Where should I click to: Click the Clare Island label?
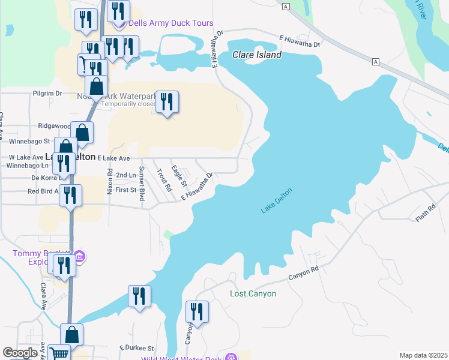click(257, 55)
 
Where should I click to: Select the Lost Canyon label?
click(253, 293)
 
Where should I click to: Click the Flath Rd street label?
click(425, 213)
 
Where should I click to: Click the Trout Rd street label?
click(163, 179)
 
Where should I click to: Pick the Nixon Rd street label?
click(110, 181)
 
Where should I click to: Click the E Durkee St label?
click(136, 347)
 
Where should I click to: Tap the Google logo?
click(20, 353)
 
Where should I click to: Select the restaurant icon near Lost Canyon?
click(197, 312)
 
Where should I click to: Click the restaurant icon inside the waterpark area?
click(166, 101)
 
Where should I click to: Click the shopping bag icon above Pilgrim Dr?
click(96, 87)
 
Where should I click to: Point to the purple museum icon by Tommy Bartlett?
click(79, 257)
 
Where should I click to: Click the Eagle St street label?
click(179, 175)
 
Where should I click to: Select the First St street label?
click(126, 190)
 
